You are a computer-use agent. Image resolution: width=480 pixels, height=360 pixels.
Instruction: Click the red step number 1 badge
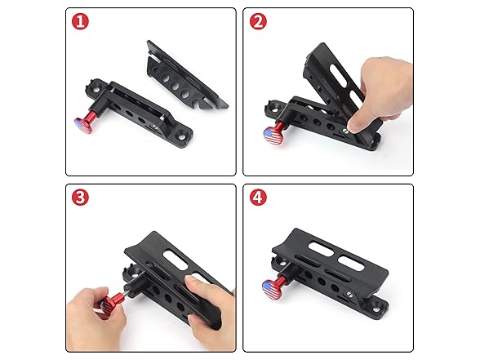(x=79, y=22)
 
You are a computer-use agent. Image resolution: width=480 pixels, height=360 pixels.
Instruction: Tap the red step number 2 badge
(x=258, y=22)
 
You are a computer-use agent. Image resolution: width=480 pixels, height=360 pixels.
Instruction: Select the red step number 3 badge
(x=79, y=198)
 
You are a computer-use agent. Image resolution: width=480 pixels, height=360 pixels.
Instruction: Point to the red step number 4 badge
(x=258, y=198)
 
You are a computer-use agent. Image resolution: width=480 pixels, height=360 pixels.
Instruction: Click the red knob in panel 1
(x=86, y=122)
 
